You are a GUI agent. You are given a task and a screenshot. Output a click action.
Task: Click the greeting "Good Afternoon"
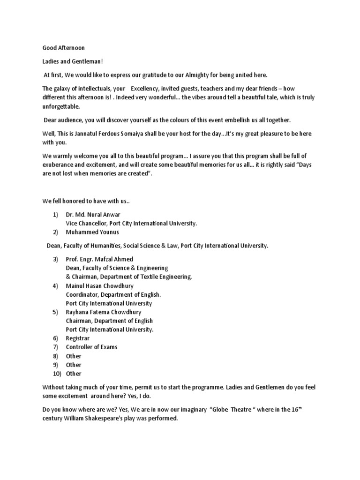click(64, 48)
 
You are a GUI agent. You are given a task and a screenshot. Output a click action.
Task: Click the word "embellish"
click(240, 120)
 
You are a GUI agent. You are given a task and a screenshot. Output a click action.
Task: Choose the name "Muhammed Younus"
click(92, 232)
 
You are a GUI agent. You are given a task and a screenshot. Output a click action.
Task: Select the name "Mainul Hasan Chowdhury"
click(99, 286)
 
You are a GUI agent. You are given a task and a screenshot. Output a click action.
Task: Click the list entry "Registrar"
click(78, 338)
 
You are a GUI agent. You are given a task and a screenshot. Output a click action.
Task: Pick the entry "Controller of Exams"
click(92, 347)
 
